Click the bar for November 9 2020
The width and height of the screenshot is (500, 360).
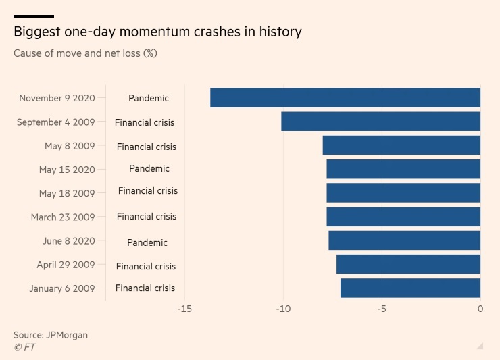(345, 97)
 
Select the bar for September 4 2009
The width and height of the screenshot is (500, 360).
(380, 122)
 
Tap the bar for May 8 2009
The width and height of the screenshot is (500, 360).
(401, 145)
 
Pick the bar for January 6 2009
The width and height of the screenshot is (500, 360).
(410, 288)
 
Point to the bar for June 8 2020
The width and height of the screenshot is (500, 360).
(404, 240)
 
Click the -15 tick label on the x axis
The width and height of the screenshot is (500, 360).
(184, 309)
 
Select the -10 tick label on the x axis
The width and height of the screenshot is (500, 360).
(282, 309)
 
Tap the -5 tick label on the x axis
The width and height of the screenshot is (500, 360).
(381, 309)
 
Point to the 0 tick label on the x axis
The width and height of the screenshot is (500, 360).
(480, 309)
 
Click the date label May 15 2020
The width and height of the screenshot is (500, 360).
(67, 170)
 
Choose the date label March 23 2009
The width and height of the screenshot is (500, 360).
(63, 217)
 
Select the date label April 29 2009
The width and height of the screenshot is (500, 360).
(66, 265)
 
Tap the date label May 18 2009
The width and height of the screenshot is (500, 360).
(67, 193)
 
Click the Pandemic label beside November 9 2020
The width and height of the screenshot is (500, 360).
(149, 98)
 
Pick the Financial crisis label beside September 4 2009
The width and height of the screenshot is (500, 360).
(145, 122)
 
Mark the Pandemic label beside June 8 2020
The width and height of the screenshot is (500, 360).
(147, 242)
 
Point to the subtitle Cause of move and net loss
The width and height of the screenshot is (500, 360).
(85, 53)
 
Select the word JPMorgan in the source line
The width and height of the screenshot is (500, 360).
(67, 335)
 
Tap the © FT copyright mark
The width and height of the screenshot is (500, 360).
(24, 347)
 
